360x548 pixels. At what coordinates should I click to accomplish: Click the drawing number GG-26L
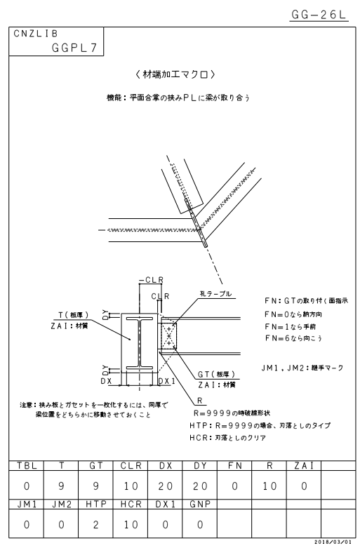point(319,14)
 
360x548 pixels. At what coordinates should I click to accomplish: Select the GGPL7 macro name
point(74,48)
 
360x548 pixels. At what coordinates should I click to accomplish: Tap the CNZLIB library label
point(36,34)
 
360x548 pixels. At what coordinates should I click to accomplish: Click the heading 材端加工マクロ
point(175,74)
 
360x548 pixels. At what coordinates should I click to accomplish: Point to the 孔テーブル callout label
point(215,294)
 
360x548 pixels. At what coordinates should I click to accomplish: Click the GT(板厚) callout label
point(216,374)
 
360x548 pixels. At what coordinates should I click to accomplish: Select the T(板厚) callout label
point(74,315)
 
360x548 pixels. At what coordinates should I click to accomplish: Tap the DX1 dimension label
point(167,381)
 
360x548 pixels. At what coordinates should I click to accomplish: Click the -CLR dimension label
point(152,280)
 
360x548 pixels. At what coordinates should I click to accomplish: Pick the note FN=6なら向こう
point(293,338)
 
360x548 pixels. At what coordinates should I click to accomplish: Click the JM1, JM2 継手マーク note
point(302,368)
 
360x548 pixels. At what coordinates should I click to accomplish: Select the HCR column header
point(131,504)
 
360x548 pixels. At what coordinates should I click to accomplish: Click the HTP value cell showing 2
point(95,525)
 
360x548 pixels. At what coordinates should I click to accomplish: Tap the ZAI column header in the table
point(304,465)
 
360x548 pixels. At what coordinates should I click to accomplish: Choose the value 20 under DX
point(166,486)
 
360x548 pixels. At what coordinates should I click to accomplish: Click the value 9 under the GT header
point(95,486)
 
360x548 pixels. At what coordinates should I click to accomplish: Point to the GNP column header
point(200,504)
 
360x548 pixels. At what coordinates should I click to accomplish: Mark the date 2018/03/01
point(333,542)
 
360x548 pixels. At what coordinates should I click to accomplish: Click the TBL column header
point(27,465)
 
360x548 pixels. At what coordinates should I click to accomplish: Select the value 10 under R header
point(269,486)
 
